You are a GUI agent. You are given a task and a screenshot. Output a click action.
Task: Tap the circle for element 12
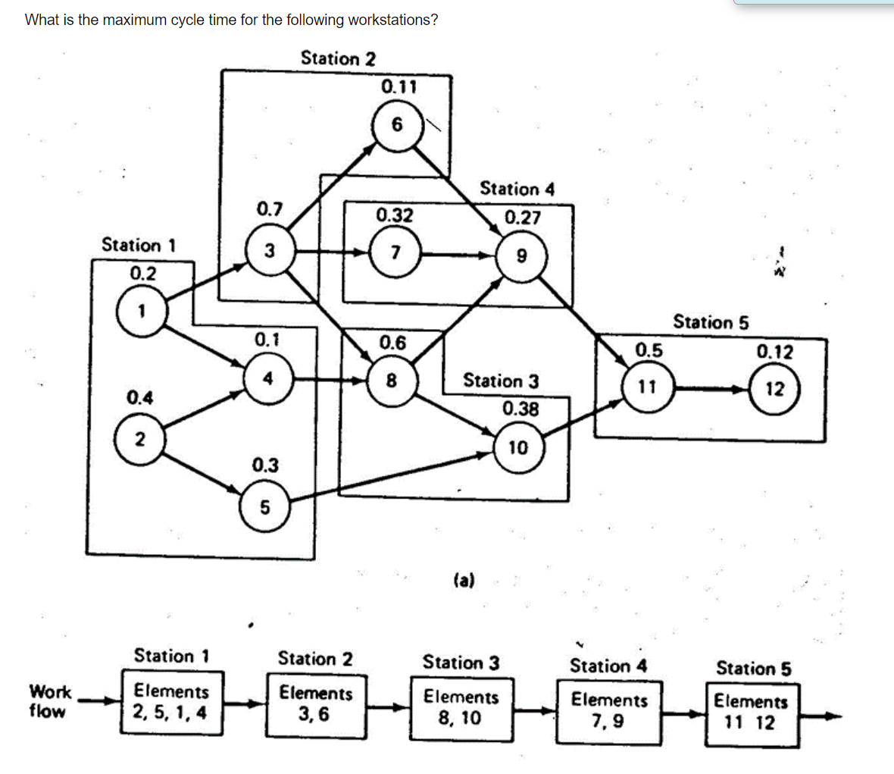point(774,389)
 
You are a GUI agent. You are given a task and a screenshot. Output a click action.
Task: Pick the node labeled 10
point(517,447)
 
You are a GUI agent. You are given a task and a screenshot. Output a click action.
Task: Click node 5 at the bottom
point(264,506)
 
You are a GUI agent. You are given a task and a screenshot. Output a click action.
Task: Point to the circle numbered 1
point(141,310)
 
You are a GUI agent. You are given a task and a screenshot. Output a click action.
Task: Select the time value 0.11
point(399,86)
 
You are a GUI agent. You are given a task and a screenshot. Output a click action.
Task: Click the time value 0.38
point(520,409)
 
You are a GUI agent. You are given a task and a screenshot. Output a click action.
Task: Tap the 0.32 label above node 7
point(395,215)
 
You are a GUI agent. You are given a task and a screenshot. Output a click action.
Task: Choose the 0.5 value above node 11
point(649,350)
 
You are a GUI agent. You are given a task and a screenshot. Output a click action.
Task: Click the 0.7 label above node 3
point(270,208)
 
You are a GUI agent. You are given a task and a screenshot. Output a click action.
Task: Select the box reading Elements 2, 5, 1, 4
point(171,703)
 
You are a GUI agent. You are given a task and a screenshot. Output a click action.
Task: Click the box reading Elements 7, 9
point(610,710)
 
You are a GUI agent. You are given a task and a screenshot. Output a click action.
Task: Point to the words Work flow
point(49,701)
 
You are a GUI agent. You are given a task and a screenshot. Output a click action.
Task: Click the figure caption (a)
point(464,581)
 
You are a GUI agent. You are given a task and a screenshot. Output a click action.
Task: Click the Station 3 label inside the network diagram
point(501,381)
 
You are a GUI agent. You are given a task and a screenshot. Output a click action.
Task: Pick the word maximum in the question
point(135,20)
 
